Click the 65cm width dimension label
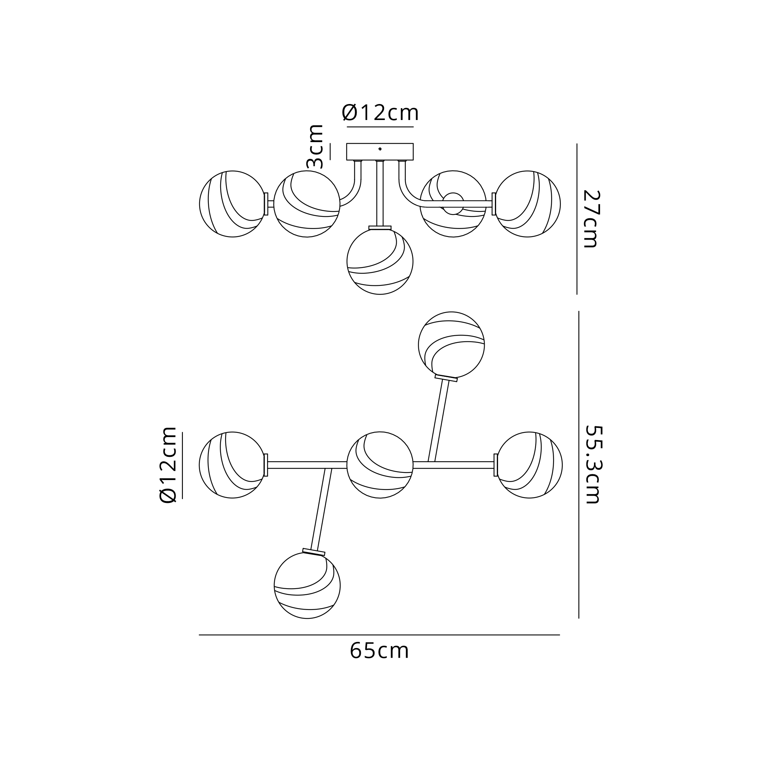[x=379, y=651]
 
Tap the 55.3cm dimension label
[x=592, y=464]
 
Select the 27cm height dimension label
[x=591, y=219]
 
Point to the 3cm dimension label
[x=315, y=146]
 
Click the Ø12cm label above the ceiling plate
[x=380, y=113]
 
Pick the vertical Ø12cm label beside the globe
[x=168, y=464]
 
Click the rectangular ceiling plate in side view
[x=380, y=152]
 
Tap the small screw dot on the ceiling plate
[x=380, y=149]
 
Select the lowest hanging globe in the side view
[x=380, y=261]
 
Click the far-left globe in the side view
[x=232, y=204]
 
